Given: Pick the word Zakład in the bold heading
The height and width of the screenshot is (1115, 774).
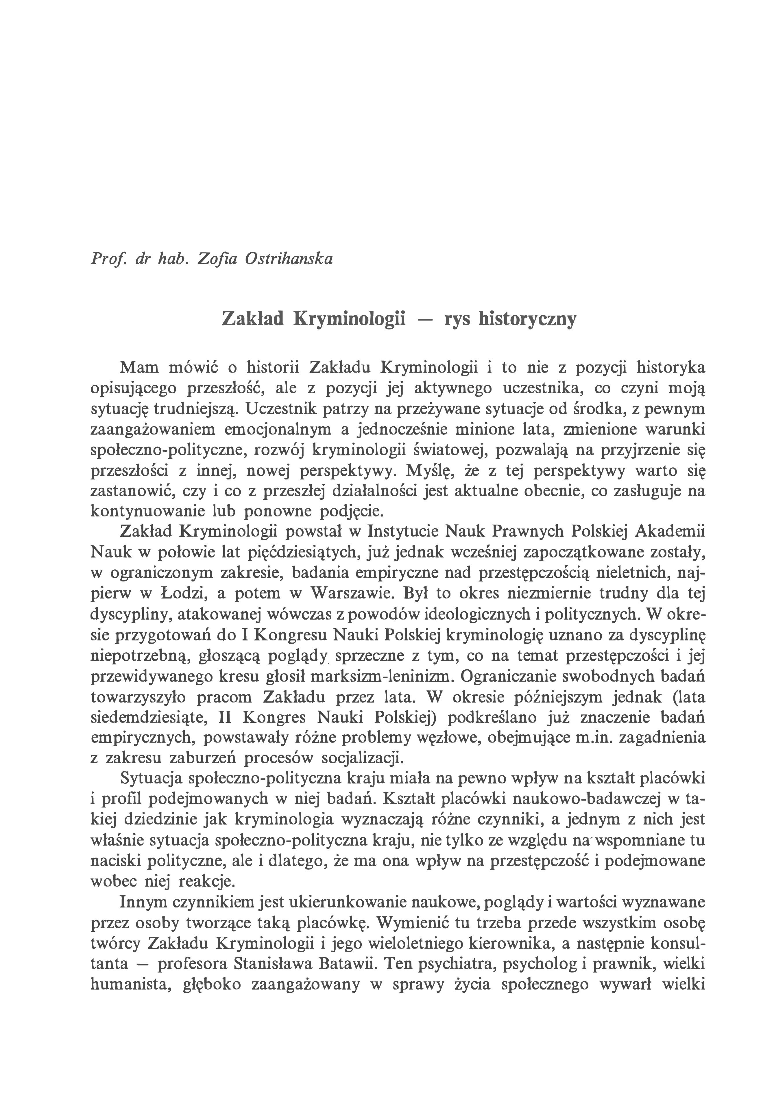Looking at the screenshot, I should [x=252, y=319].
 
